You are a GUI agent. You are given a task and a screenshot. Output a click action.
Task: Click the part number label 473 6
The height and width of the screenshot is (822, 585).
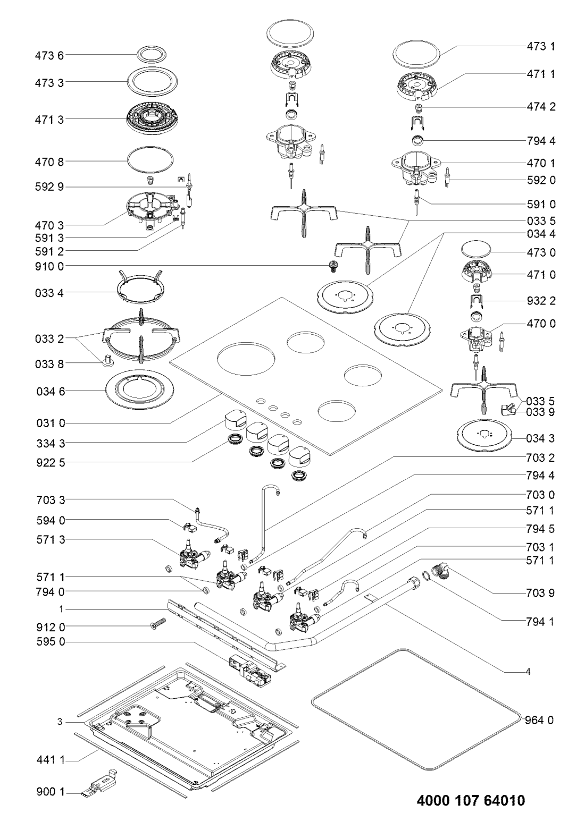(x=49, y=55)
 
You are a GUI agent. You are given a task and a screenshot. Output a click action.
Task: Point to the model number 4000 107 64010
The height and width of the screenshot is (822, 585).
(x=471, y=800)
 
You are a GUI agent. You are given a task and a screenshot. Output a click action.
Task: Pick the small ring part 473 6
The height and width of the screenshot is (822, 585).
(x=151, y=55)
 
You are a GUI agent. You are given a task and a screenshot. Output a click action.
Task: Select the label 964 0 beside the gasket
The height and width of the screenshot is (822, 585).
(x=539, y=720)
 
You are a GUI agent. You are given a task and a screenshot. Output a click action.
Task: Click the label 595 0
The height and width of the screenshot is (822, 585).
(x=51, y=642)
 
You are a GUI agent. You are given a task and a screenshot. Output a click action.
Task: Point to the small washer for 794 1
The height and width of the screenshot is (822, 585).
(x=427, y=575)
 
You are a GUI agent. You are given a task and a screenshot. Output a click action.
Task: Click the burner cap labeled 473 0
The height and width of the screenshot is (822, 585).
(x=476, y=249)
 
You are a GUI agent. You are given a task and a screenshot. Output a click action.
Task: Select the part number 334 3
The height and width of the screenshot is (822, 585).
(x=51, y=443)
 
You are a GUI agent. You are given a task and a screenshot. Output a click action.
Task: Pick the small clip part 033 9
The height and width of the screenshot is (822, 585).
(x=507, y=408)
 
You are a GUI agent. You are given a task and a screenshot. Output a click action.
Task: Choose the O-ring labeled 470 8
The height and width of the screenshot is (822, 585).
(x=150, y=159)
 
